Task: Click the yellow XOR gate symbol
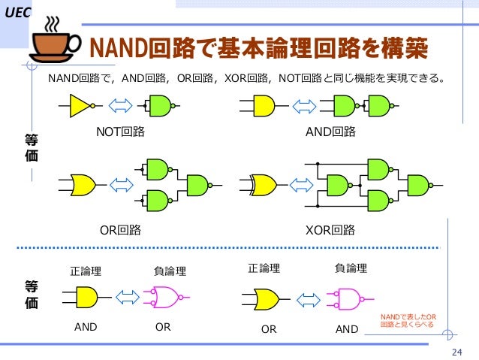264,184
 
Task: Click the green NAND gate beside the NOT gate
160,106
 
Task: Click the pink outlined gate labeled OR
167,297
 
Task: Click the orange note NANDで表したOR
409,321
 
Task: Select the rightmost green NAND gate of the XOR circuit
417,183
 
